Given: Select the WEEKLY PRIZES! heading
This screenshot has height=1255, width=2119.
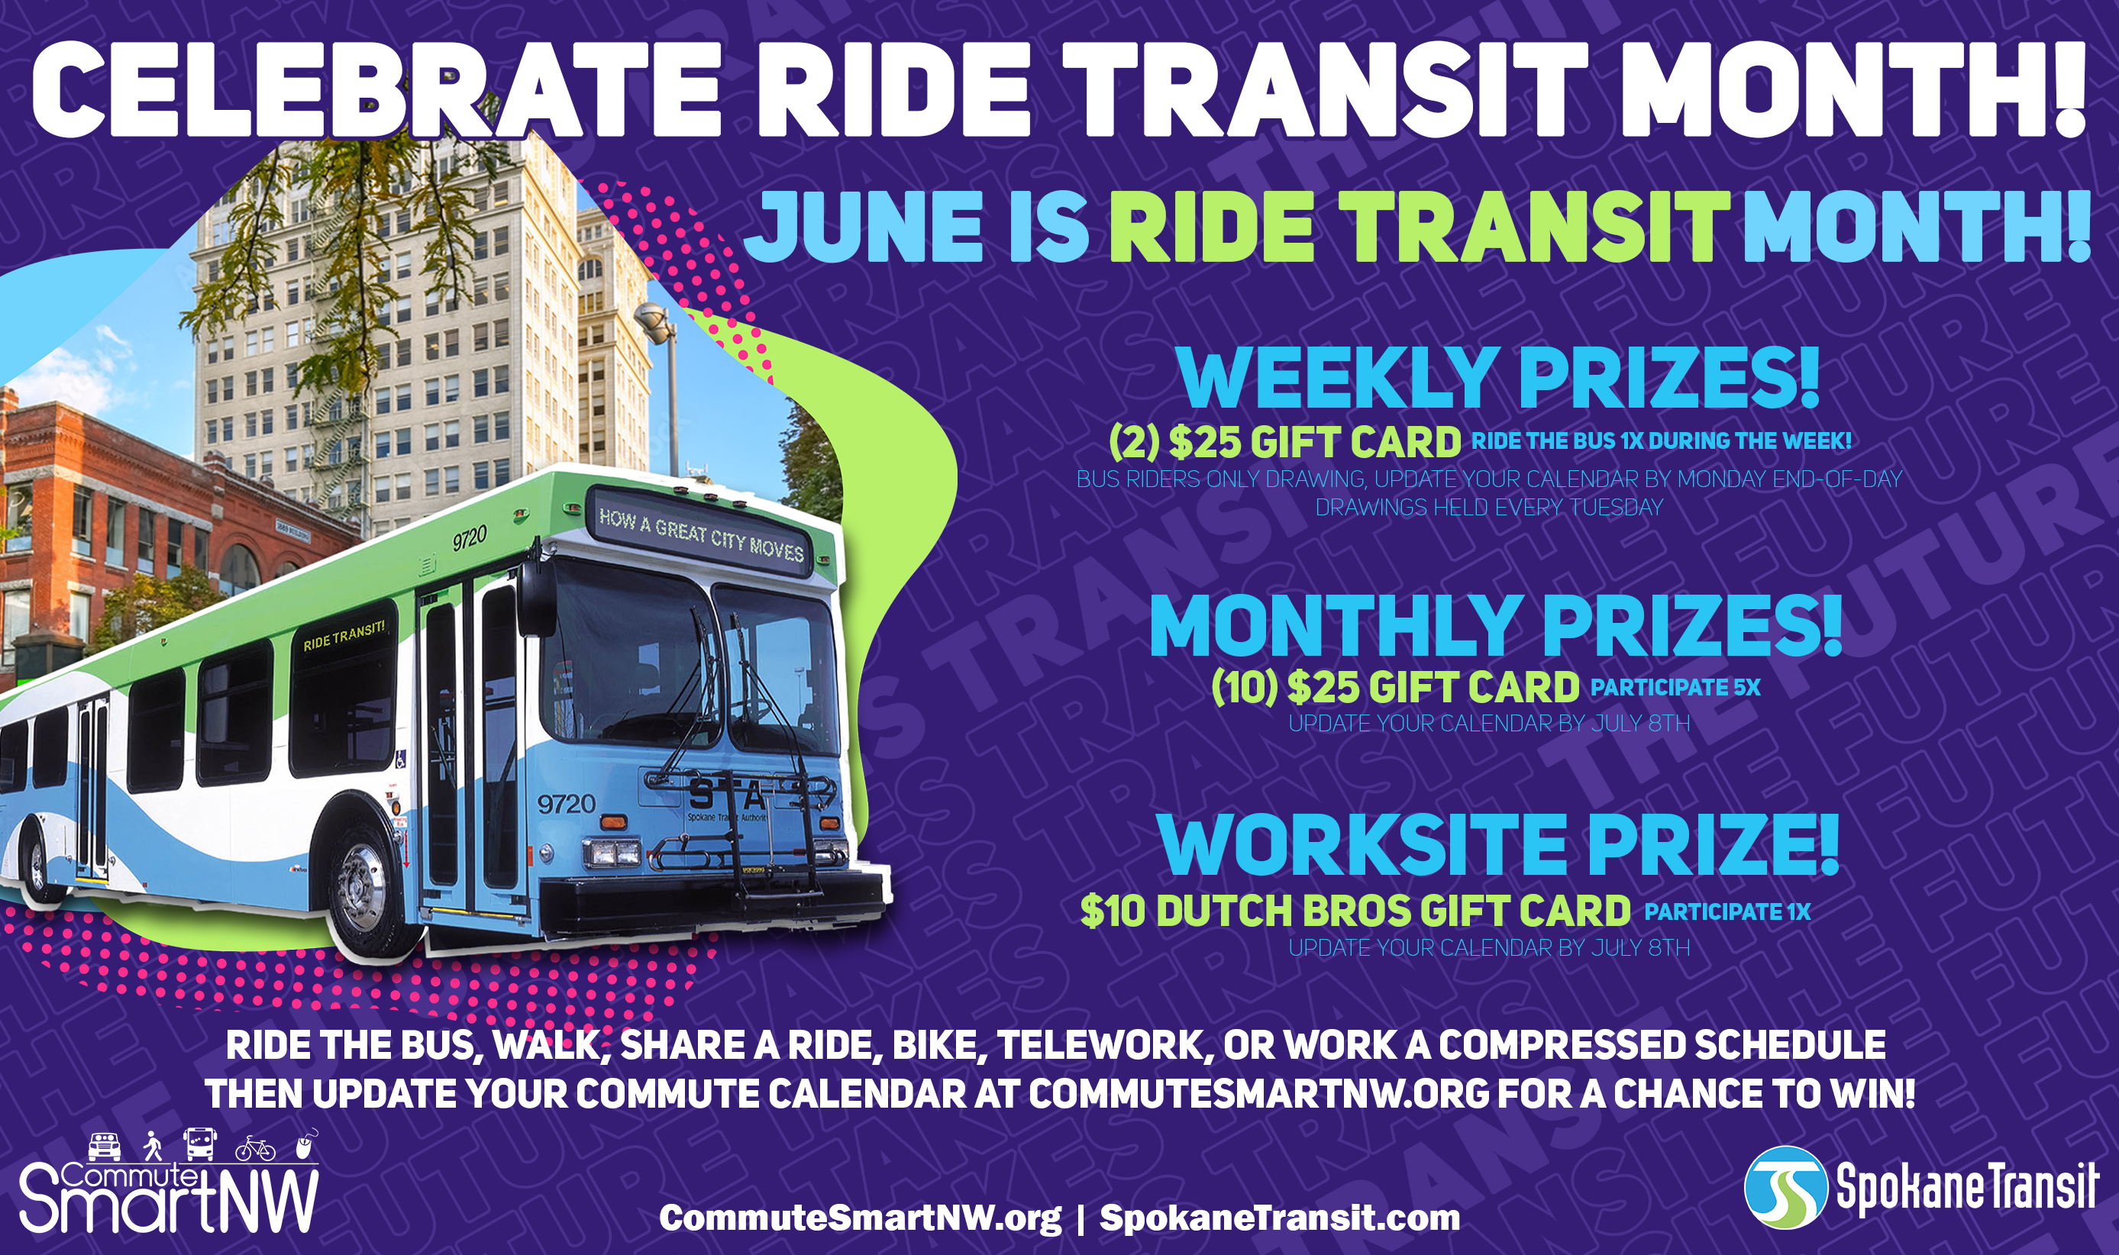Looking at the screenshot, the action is [1497, 379].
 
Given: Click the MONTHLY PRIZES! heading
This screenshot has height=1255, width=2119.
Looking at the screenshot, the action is [1496, 626].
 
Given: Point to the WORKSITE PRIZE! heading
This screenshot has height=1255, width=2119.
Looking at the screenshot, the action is [1498, 845].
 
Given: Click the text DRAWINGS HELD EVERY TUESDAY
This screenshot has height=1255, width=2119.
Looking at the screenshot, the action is [1489, 508].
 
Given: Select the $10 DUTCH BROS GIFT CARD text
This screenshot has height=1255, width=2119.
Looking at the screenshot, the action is [1355, 911].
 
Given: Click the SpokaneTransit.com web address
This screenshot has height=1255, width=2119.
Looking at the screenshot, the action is [1280, 1218].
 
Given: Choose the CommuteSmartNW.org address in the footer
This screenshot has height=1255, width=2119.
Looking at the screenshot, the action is [861, 1218].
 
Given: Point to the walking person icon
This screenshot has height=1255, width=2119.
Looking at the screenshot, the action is [152, 1146].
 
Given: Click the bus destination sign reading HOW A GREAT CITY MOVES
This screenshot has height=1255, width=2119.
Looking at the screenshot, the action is [700, 534].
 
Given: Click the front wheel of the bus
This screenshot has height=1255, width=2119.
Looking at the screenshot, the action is [363, 888].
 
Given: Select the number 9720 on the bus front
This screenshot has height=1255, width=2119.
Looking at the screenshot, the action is [567, 802].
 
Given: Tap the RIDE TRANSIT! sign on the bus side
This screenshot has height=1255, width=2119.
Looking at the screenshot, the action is [344, 634].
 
